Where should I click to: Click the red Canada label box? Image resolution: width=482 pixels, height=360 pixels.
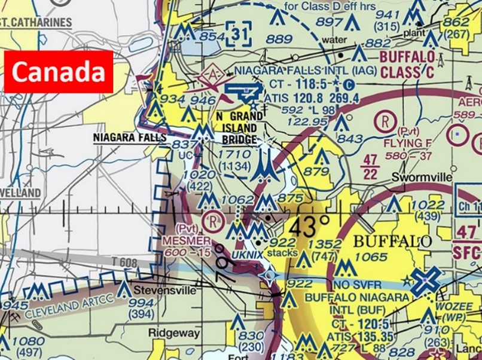pos(59,72)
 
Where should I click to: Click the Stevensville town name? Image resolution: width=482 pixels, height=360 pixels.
pos(164,291)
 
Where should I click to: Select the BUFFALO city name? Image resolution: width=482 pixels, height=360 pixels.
pos(393,242)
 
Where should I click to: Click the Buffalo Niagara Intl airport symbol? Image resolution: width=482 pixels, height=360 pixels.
pos(426,278)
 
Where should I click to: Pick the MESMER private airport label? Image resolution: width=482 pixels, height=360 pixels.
pos(186,241)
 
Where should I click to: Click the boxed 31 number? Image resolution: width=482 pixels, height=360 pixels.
pos(239,35)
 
